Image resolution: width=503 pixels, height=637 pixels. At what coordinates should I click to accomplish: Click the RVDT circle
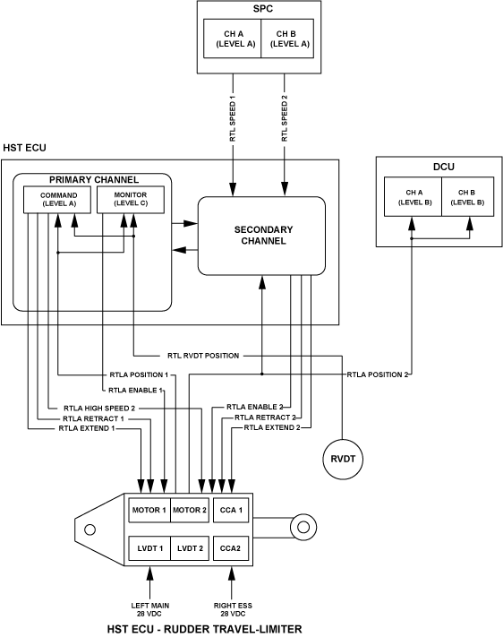(x=343, y=459)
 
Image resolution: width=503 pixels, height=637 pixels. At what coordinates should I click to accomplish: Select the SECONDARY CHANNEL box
(x=261, y=236)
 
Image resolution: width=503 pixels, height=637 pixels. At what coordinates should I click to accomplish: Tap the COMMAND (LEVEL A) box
(x=57, y=200)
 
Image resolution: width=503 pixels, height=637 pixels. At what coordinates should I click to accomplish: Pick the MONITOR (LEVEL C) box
(x=131, y=200)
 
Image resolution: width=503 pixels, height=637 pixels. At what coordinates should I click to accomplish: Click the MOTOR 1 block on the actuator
(x=149, y=510)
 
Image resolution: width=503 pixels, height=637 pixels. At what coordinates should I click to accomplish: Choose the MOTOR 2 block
(x=190, y=510)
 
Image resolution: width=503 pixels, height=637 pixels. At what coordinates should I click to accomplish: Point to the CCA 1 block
(x=231, y=510)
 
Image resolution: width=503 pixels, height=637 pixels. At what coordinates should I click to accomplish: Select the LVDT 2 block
(x=190, y=548)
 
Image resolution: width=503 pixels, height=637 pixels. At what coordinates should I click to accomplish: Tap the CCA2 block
(x=231, y=548)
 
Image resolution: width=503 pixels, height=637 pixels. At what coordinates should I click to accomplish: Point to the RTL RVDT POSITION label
(x=203, y=356)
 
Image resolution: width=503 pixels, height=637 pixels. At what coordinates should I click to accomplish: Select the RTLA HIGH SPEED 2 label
(x=99, y=408)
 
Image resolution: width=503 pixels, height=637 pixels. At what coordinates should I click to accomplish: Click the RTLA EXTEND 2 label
(x=272, y=427)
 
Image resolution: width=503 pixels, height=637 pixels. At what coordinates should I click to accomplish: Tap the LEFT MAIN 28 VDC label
(x=149, y=609)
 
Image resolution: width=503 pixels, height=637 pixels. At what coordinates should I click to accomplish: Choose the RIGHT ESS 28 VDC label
(x=233, y=609)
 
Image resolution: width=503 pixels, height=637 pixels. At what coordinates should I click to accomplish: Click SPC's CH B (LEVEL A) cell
(x=287, y=39)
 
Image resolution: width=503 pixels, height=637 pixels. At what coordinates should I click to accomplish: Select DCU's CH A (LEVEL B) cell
(x=413, y=196)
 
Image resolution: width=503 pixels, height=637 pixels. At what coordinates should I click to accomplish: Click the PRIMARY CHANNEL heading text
(x=94, y=179)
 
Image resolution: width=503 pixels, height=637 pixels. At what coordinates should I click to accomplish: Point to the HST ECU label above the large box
(x=24, y=148)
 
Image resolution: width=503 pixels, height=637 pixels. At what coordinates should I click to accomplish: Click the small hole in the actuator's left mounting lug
(x=90, y=529)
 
